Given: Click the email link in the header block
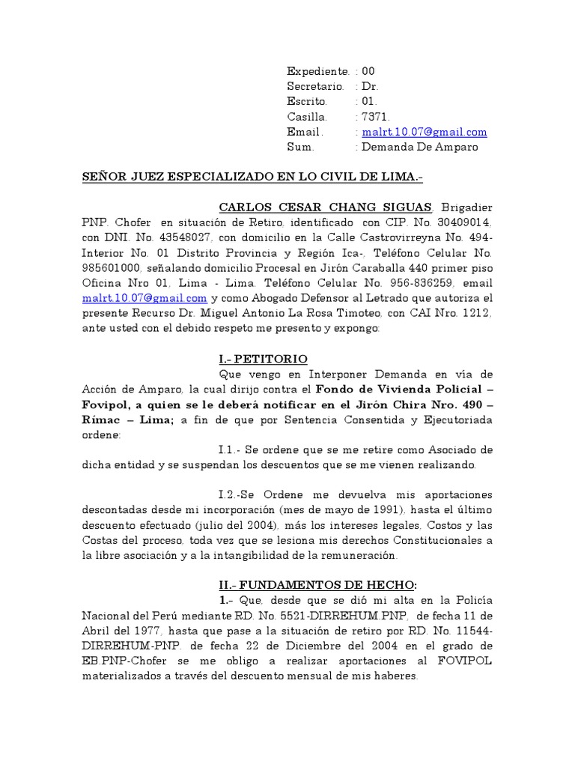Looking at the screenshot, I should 424,132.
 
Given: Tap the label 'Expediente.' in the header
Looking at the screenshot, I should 318,71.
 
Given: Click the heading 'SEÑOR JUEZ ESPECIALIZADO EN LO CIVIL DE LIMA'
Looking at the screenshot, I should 252,178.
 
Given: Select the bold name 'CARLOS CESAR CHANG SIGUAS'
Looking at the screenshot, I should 325,207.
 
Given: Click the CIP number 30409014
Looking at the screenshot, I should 463,222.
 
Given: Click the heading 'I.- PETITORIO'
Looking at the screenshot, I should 263,359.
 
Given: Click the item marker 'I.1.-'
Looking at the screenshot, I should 232,449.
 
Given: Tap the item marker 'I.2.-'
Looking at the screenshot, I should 232,495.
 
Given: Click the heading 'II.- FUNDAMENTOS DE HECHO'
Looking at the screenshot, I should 311,586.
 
